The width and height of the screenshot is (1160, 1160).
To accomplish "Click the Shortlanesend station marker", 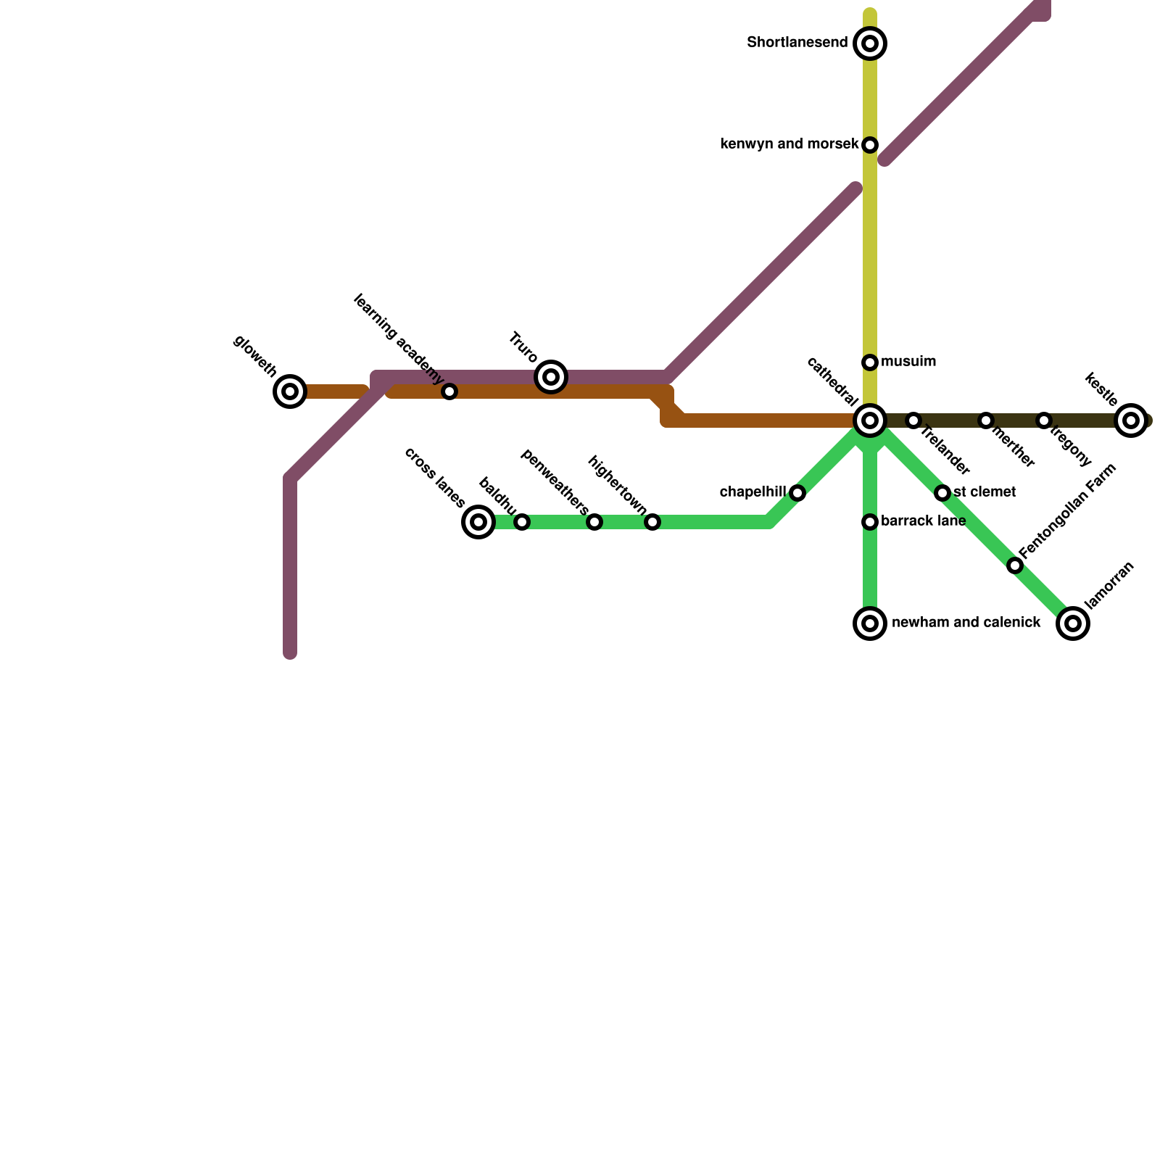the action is [x=870, y=43].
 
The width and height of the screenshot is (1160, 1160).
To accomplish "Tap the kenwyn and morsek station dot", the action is [x=870, y=145].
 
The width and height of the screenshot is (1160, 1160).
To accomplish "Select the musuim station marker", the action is [x=870, y=362].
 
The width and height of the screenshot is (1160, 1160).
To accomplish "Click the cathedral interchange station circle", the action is [x=870, y=420].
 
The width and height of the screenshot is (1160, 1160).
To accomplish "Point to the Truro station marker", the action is [x=551, y=377].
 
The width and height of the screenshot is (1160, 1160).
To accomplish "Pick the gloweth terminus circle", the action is [x=290, y=391].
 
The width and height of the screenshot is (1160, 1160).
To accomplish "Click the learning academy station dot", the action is [x=449, y=391].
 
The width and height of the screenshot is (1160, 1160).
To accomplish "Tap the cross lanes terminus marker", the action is [x=478, y=522].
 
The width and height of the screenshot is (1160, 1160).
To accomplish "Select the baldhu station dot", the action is [x=522, y=522].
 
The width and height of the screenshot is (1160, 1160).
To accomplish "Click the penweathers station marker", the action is [x=594, y=522].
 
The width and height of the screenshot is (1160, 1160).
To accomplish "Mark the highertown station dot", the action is [x=652, y=522].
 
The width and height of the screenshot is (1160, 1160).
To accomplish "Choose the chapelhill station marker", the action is [x=797, y=493].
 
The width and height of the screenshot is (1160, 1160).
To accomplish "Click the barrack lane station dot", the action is [x=870, y=522].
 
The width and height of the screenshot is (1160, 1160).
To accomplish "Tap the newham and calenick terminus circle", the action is [x=870, y=623].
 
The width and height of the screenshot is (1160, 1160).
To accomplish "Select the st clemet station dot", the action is [x=942, y=493].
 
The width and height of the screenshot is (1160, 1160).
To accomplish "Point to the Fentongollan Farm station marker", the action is [x=1015, y=565].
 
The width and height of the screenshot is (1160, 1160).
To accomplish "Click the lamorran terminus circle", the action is [x=1073, y=623].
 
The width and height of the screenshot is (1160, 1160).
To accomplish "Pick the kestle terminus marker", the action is [x=1131, y=420].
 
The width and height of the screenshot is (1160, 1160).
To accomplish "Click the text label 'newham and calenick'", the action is [x=966, y=623].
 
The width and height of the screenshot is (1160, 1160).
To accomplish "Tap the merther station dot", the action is [x=986, y=420].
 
